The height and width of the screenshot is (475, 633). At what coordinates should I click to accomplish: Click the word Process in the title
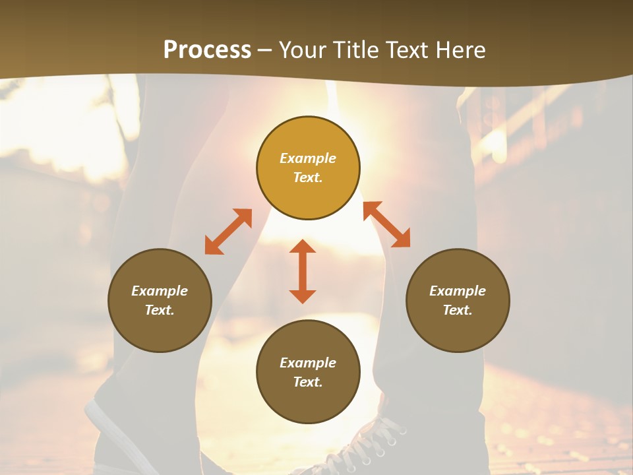pos(207,50)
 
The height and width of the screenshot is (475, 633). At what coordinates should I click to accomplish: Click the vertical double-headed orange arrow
pos(303,271)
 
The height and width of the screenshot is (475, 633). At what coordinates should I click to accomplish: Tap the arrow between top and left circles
pos(228,232)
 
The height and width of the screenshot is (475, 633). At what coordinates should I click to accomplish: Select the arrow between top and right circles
pos(387,224)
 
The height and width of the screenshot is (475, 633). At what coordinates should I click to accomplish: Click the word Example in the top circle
pos(308,158)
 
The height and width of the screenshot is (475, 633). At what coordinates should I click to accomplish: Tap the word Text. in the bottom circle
pos(308,382)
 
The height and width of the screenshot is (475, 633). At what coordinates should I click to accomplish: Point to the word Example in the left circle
pos(160,291)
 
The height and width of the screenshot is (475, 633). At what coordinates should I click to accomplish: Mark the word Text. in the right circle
pos(458,310)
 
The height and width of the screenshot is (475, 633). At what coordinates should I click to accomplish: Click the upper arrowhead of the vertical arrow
pos(303,247)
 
